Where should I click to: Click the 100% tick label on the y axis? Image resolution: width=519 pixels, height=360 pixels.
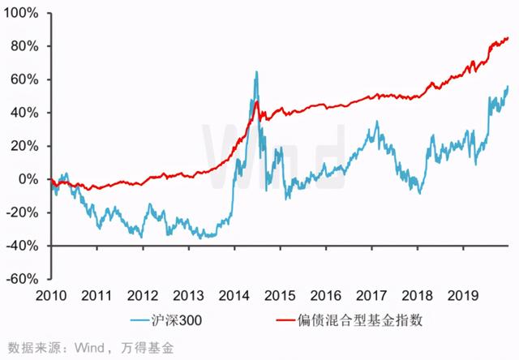coord(22,14)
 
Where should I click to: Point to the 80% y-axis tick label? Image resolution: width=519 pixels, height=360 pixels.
coord(25,46)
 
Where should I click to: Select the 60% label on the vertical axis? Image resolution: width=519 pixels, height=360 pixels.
coord(25,79)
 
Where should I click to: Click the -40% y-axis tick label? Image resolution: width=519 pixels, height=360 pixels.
coord(24,245)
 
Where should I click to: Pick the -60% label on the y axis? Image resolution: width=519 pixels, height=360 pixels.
coord(24,278)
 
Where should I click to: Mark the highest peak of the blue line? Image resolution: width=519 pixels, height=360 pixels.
coord(256,72)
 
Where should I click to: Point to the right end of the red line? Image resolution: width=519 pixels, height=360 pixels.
coord(508,38)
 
